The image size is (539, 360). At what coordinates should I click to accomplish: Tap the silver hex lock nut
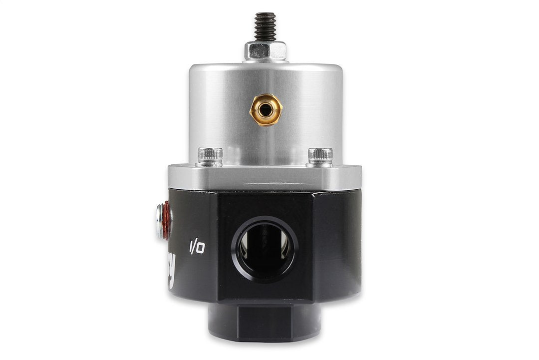click(265, 50)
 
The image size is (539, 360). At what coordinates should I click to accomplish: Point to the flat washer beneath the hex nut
click(265, 59)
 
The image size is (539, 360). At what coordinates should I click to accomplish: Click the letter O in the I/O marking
click(200, 249)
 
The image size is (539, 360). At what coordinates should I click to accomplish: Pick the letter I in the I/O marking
click(190, 247)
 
